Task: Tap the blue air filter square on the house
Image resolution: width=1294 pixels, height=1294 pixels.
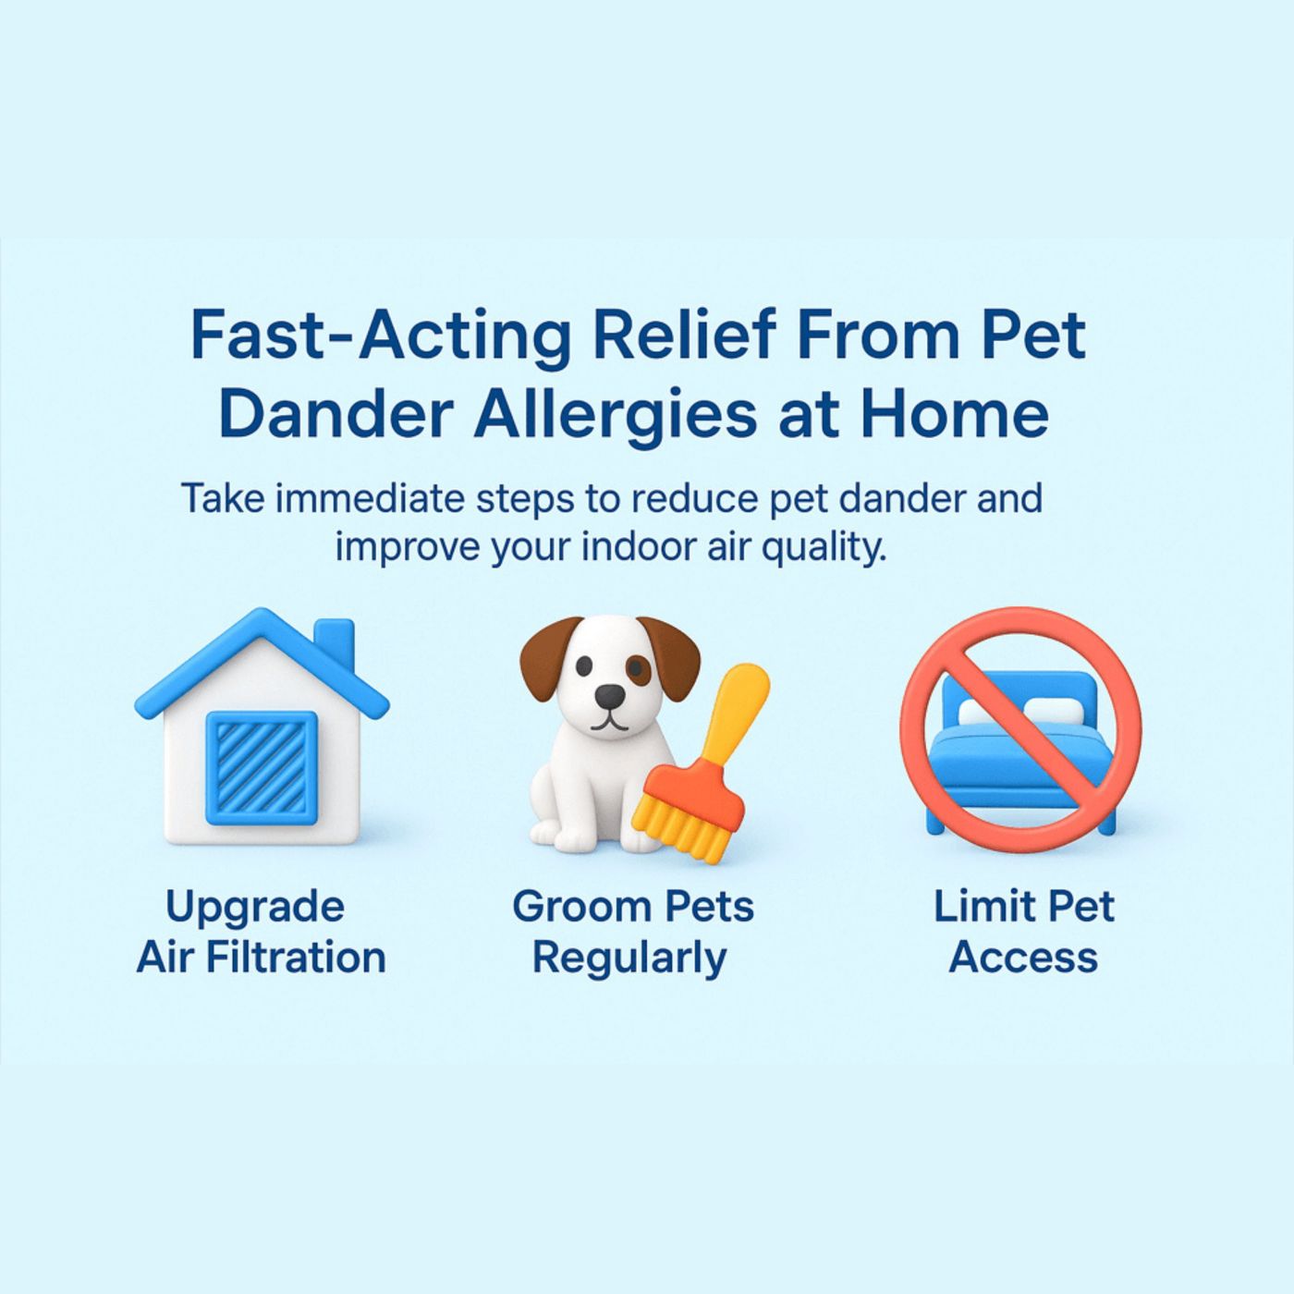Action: click(x=262, y=767)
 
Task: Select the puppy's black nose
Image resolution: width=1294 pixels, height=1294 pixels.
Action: click(x=608, y=696)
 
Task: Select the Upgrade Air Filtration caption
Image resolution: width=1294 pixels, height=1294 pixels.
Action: click(x=261, y=932)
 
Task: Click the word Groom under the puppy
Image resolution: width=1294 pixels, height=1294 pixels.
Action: click(x=570, y=907)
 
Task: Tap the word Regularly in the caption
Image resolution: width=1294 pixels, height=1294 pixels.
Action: click(x=629, y=958)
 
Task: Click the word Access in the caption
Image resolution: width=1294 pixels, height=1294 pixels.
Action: click(x=1023, y=958)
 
